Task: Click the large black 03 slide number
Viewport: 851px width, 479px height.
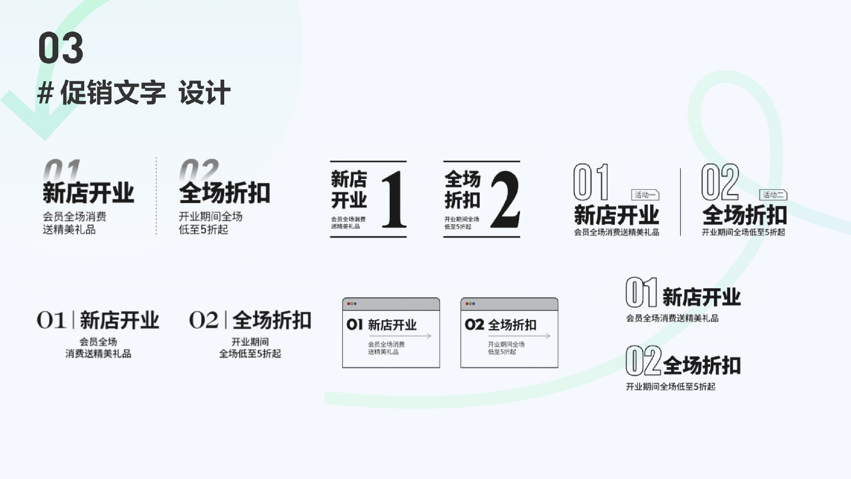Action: (x=61, y=48)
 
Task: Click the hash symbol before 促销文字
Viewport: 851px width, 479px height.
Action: (x=45, y=93)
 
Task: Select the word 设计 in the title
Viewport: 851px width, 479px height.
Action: (x=204, y=92)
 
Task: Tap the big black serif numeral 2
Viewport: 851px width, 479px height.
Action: (x=505, y=199)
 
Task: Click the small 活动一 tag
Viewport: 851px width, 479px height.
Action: (x=645, y=195)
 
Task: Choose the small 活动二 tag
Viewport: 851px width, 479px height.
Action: (x=773, y=195)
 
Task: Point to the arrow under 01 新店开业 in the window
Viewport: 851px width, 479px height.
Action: (x=400, y=336)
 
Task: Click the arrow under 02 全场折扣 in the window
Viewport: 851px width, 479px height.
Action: (x=519, y=336)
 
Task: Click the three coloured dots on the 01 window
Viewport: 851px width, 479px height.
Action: (x=352, y=304)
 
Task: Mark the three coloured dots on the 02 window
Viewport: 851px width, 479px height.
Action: (x=470, y=304)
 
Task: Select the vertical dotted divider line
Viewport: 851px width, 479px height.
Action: (x=156, y=196)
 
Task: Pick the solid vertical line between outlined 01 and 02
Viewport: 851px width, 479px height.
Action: (x=680, y=202)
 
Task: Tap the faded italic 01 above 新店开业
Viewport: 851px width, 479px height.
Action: (x=62, y=170)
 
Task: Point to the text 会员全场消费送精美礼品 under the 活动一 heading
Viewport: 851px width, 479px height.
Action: (x=617, y=232)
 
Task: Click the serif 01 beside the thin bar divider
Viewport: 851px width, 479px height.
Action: (x=51, y=320)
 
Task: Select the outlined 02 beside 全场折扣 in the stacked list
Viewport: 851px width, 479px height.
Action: (x=643, y=361)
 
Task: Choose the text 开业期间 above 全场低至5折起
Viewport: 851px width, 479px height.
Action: (x=250, y=342)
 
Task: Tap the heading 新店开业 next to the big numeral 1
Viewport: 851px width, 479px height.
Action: (x=349, y=189)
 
